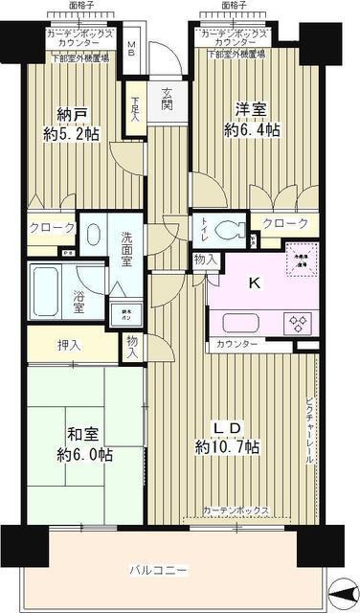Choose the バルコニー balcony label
click(x=160, y=572)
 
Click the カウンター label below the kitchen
click(x=236, y=343)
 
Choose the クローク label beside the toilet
click(x=285, y=224)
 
